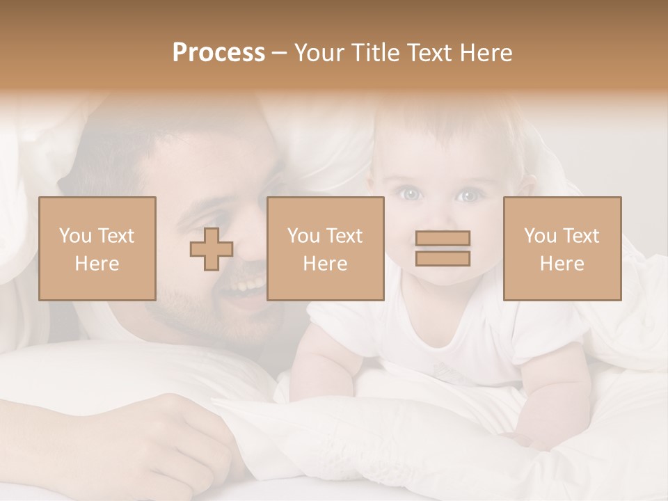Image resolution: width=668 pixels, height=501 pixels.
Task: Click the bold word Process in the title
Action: (x=218, y=53)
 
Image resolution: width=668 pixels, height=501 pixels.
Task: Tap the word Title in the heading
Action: (x=376, y=53)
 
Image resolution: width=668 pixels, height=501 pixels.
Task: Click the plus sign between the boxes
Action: (x=212, y=248)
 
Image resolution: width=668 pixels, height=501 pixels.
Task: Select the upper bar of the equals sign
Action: (x=443, y=239)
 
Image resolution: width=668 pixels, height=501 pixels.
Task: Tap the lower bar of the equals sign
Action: (x=443, y=258)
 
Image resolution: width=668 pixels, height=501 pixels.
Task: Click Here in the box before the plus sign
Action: (x=97, y=264)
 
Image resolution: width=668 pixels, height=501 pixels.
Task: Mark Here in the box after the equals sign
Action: (x=562, y=264)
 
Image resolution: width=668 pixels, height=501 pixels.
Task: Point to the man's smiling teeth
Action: (x=249, y=286)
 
